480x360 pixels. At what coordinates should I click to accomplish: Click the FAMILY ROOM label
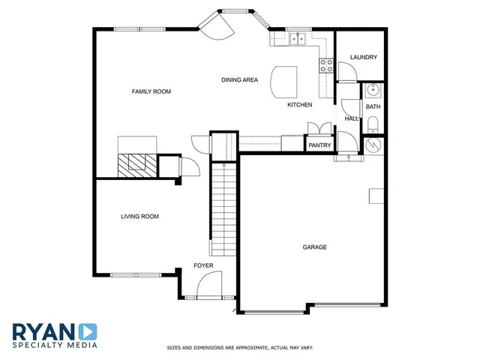click(151, 91)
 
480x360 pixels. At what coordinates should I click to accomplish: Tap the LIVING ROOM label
click(140, 217)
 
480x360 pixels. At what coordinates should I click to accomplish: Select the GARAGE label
click(315, 247)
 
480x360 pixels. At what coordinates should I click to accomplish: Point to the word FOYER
click(203, 265)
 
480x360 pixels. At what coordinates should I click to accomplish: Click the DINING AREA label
click(240, 79)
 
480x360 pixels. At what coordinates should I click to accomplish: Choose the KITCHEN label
click(299, 105)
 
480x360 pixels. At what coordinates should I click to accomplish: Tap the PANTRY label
click(319, 145)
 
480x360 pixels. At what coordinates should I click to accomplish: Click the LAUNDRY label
click(364, 57)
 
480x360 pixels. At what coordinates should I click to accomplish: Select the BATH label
click(373, 106)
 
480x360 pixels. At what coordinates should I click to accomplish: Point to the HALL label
click(351, 118)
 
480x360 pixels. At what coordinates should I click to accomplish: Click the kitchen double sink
click(297, 38)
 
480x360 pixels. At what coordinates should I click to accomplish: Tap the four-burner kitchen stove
click(327, 65)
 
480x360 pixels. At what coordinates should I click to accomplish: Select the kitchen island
click(283, 81)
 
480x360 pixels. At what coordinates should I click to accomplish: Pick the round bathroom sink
click(373, 91)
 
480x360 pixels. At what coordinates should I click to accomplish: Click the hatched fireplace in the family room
click(136, 163)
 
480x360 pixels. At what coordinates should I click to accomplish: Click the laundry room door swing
click(346, 72)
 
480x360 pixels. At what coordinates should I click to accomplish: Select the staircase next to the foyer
click(222, 210)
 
